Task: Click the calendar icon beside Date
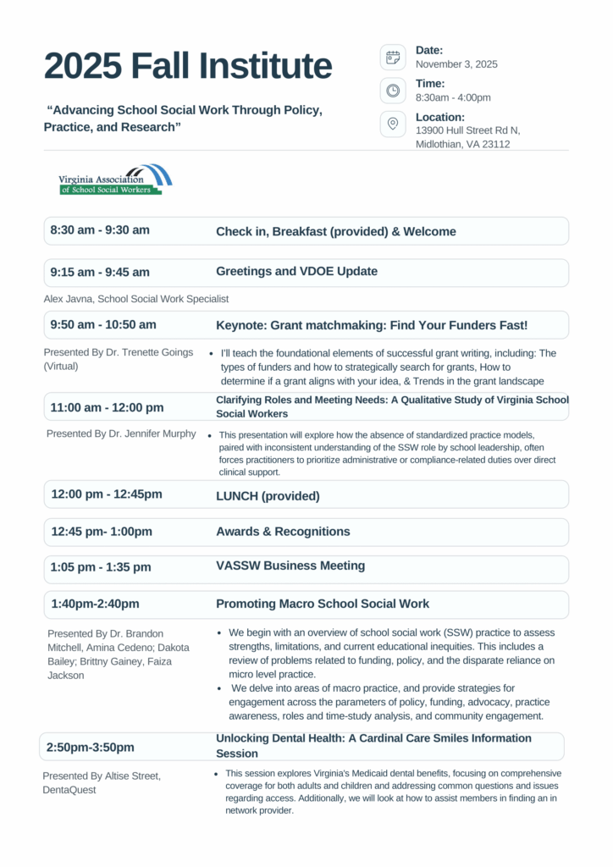[393, 57]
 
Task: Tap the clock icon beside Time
[393, 91]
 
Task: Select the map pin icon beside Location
[393, 124]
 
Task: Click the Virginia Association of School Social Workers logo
[115, 179]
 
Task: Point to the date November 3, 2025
[456, 64]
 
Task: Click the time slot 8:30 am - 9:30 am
[100, 230]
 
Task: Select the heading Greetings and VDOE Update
[296, 272]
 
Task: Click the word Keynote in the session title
[240, 325]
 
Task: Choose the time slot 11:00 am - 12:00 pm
[107, 407]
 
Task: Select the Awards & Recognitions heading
[283, 532]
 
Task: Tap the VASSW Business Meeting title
[290, 566]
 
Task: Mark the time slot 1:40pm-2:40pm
[95, 604]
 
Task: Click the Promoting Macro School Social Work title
[323, 604]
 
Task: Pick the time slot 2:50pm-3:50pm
[90, 748]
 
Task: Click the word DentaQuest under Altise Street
[71, 790]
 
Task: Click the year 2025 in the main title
[83, 66]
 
